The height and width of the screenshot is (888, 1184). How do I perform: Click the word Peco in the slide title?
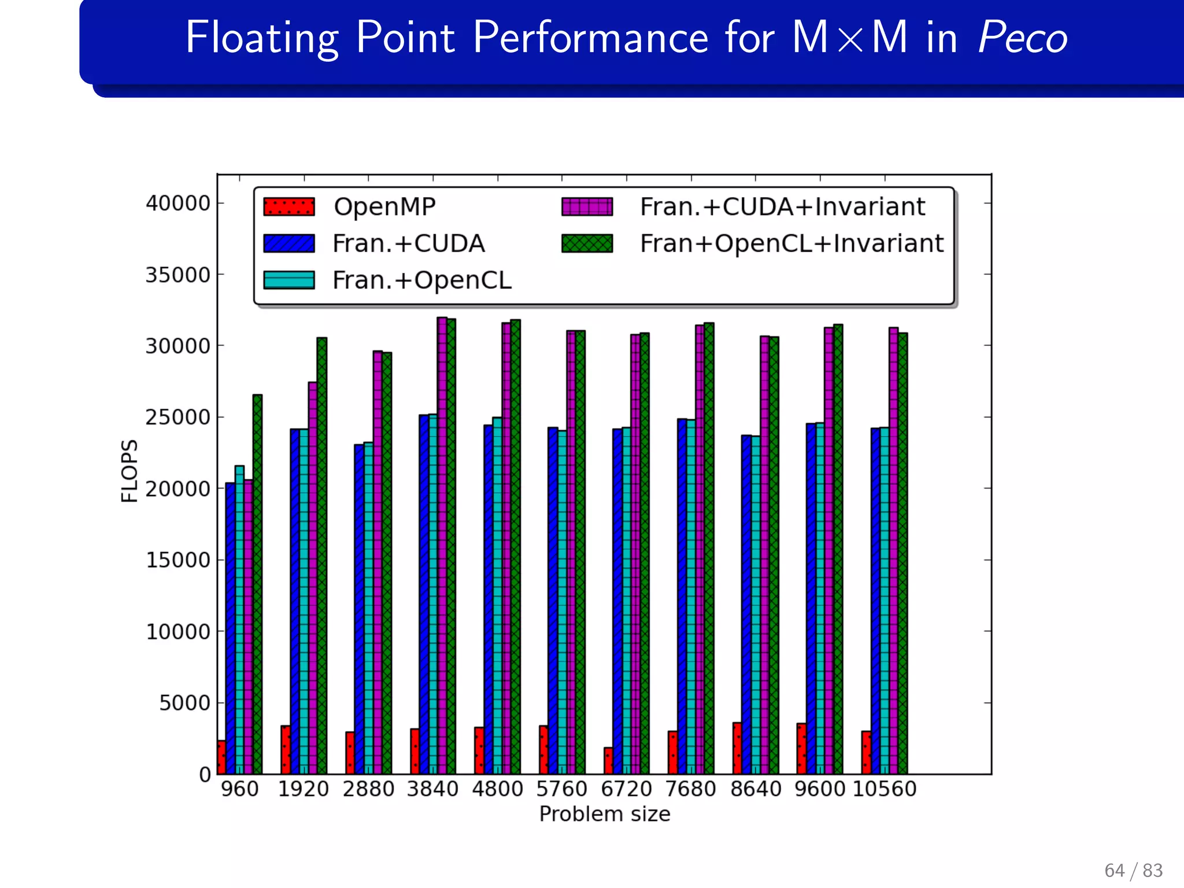point(1022,38)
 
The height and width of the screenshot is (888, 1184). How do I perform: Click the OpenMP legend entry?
point(384,207)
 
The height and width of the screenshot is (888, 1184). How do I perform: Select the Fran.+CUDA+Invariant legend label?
point(782,207)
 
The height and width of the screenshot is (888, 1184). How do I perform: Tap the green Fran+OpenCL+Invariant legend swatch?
point(587,243)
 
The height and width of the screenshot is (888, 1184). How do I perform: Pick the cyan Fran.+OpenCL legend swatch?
point(289,280)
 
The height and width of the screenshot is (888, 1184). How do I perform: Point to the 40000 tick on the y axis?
point(177,203)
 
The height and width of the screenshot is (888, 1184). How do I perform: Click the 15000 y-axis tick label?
point(177,560)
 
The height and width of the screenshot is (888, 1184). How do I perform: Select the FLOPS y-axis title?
point(129,471)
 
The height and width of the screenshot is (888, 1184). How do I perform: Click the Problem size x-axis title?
point(604,814)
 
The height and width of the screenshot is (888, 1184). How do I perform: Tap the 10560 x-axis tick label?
point(885,789)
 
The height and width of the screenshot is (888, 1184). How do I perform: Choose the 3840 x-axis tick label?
point(432,789)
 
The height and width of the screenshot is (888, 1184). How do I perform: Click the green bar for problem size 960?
point(257,584)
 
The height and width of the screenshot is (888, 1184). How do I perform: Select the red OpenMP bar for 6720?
point(608,761)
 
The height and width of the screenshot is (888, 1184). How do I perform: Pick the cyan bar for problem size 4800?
point(497,595)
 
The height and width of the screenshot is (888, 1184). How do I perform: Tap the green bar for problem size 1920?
point(322,555)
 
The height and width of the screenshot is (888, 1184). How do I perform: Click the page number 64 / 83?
point(1133,870)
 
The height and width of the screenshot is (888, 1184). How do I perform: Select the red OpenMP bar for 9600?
point(801,749)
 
